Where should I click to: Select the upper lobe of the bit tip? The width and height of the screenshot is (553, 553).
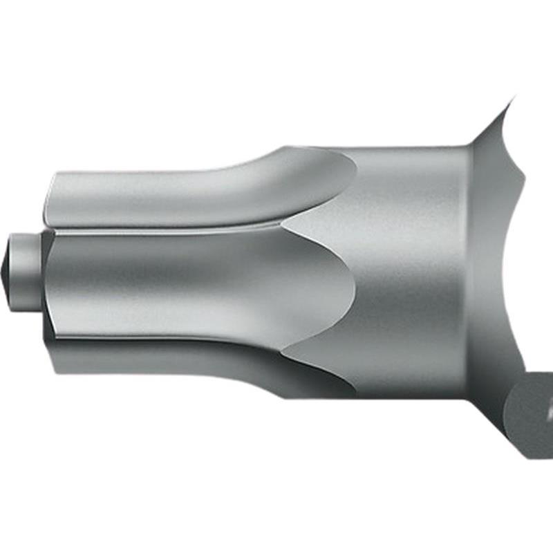173,197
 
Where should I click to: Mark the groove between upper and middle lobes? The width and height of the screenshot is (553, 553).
166,228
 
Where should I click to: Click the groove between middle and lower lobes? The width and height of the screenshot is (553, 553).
166,339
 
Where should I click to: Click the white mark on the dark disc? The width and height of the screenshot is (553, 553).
548,415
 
